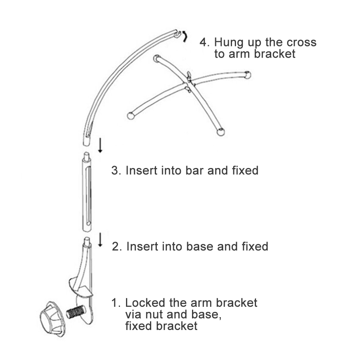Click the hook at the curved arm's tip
point(178,34)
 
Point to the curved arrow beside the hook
point(184,37)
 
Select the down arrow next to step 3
point(100,145)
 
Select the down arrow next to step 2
point(100,240)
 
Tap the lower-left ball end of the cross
point(130,116)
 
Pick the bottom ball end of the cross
point(221,132)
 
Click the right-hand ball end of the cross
point(248,75)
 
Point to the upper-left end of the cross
point(156,58)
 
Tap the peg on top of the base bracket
point(87,241)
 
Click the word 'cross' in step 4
point(302,42)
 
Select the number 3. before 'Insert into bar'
point(116,170)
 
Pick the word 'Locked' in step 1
point(145,303)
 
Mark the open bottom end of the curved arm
point(86,140)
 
